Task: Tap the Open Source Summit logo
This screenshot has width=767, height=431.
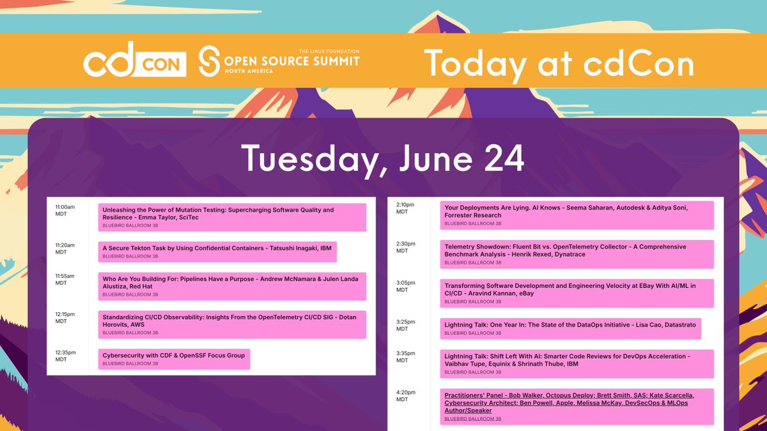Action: coord(279,61)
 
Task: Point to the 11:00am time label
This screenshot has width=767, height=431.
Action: coord(65,210)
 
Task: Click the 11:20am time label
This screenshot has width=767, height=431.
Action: coord(65,248)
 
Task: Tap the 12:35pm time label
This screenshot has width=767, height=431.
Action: coord(65,356)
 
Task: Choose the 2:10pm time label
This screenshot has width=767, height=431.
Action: coord(406,208)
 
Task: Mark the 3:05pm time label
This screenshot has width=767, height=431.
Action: coord(406,285)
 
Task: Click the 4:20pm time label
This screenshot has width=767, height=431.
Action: coord(406,396)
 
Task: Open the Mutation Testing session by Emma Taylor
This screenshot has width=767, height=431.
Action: coord(232,217)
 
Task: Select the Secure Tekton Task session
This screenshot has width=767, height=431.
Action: coord(217,252)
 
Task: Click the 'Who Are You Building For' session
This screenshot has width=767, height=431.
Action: coord(232,286)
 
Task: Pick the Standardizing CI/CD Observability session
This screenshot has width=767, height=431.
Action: coord(232,324)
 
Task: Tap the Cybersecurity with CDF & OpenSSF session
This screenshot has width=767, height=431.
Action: coord(174,359)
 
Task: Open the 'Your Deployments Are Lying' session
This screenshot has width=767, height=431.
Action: coord(577,215)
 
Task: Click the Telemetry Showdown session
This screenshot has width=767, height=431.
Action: coord(577,253)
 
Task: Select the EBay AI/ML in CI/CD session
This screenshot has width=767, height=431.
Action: coord(577,293)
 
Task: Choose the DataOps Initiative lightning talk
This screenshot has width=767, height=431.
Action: coord(571,328)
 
